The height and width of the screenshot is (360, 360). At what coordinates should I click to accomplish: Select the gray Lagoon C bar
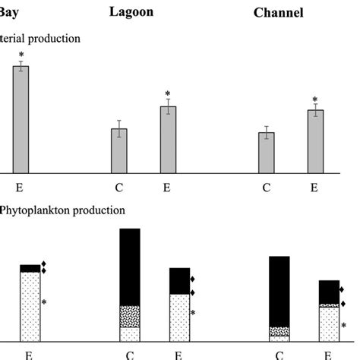click(x=119, y=150)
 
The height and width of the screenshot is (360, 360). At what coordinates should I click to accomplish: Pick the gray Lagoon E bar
click(x=168, y=140)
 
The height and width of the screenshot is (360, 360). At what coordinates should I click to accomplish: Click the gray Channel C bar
click(x=267, y=153)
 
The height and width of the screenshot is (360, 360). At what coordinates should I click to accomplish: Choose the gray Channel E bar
click(x=315, y=141)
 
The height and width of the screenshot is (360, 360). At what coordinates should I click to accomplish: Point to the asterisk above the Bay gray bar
click(x=21, y=55)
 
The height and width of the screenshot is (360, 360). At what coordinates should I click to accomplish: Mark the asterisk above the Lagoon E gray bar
click(x=168, y=94)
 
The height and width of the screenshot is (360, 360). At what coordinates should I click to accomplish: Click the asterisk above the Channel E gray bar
click(x=315, y=99)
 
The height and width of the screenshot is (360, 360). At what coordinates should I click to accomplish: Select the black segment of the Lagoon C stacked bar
click(x=130, y=267)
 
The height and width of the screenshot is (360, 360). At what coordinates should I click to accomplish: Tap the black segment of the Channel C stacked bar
click(x=279, y=291)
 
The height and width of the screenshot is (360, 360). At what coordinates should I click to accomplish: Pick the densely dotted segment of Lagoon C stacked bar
click(x=130, y=316)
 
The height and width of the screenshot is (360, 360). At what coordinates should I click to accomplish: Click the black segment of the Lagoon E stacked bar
click(x=179, y=281)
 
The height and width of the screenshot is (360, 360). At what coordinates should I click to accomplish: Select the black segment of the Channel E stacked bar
click(x=328, y=292)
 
